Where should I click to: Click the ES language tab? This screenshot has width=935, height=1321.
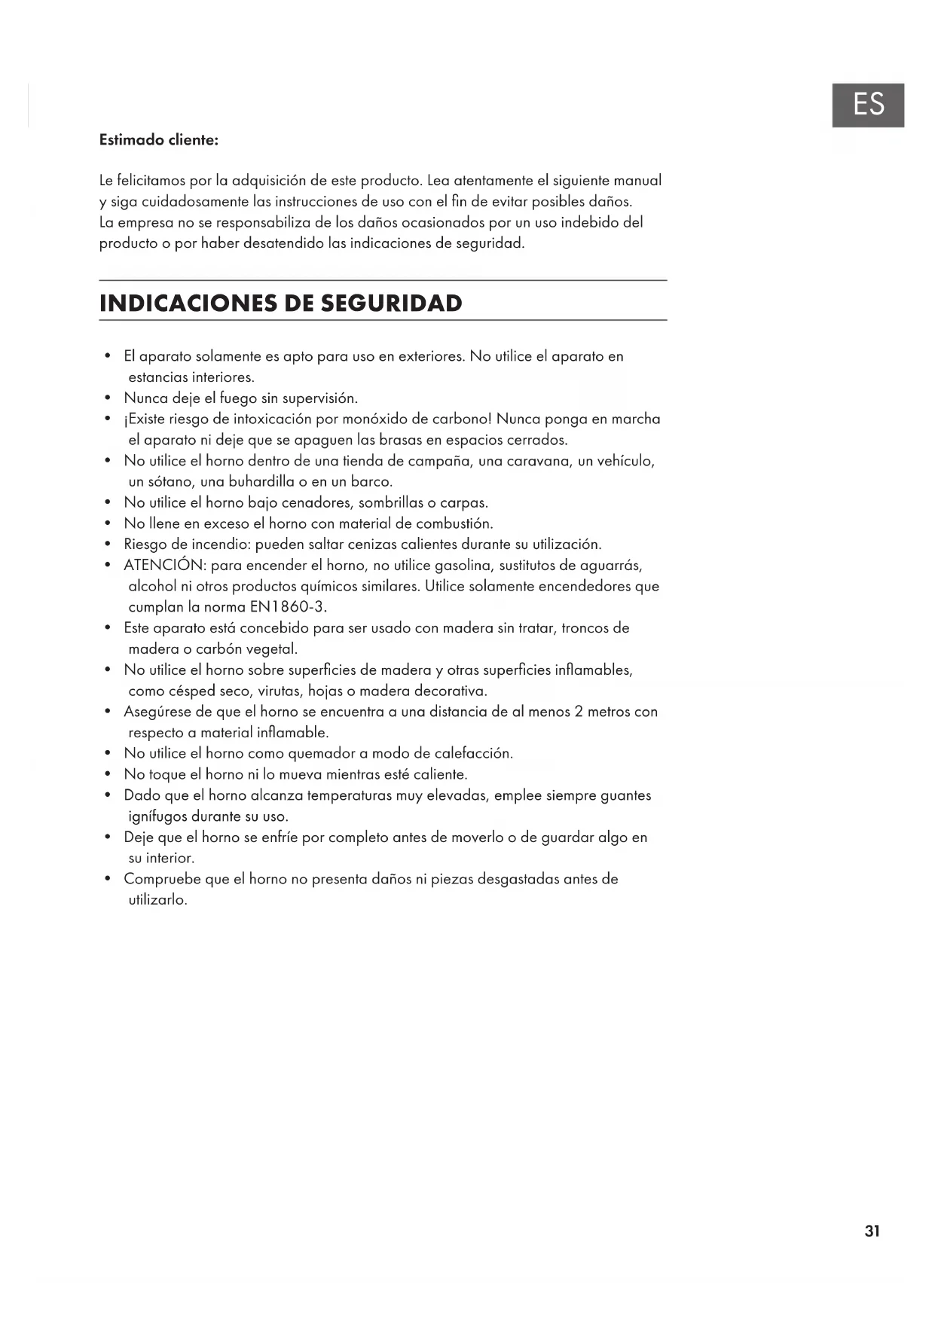coord(868,105)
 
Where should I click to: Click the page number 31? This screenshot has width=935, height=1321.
coord(872,1231)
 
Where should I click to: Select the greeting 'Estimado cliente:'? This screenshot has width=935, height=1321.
coord(159,140)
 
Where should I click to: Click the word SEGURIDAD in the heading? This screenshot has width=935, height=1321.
coord(391,304)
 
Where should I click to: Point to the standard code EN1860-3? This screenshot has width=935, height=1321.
coord(287,607)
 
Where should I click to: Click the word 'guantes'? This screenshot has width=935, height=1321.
coord(625,795)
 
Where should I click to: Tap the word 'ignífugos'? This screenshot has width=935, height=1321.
coord(157,816)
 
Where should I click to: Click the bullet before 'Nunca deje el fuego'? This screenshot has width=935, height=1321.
coord(109,398)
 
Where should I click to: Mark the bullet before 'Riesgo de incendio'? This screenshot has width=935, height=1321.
coord(109,545)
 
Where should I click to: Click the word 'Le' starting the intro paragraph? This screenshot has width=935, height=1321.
coord(106,181)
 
